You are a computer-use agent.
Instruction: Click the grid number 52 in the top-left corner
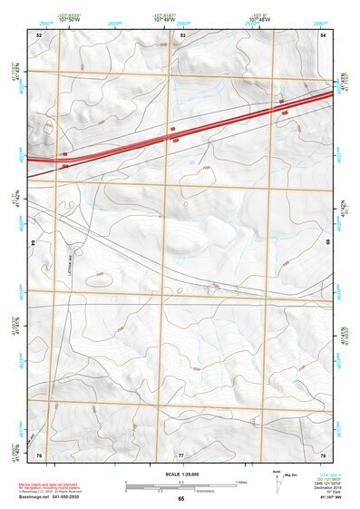click(39, 34)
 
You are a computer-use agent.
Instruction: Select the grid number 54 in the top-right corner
click(324, 34)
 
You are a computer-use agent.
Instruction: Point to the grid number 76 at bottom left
click(39, 454)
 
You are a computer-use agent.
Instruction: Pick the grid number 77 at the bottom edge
click(181, 454)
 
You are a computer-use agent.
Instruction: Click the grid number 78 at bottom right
click(324, 454)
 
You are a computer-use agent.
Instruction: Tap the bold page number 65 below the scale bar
click(180, 499)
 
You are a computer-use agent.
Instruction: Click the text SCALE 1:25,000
click(180, 475)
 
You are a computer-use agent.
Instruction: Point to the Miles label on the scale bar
click(240, 481)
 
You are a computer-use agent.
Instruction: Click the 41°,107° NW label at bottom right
click(332, 498)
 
